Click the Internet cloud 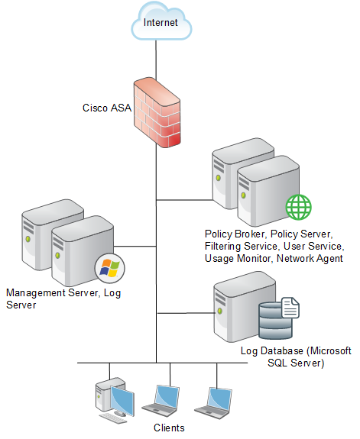click(161, 21)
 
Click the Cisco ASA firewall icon click(157, 112)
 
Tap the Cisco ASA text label click(107, 108)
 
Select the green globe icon click(298, 207)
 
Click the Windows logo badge click(110, 268)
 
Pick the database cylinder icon click(275, 321)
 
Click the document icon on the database click(290, 308)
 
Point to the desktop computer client click(115, 399)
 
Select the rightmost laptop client click(214, 402)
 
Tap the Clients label click(169, 428)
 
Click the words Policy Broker click(235, 234)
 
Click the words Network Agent click(310, 258)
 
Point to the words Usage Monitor click(238, 258)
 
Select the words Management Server click(52, 292)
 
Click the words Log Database click(271, 350)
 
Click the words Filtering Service click(241, 246)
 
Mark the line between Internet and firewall click(156, 60)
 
